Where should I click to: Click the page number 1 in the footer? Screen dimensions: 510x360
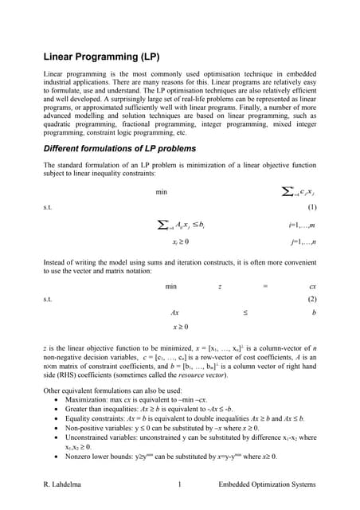point(181,484)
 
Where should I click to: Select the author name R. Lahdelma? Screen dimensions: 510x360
point(65,484)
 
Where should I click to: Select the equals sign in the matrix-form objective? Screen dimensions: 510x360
point(266,286)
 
